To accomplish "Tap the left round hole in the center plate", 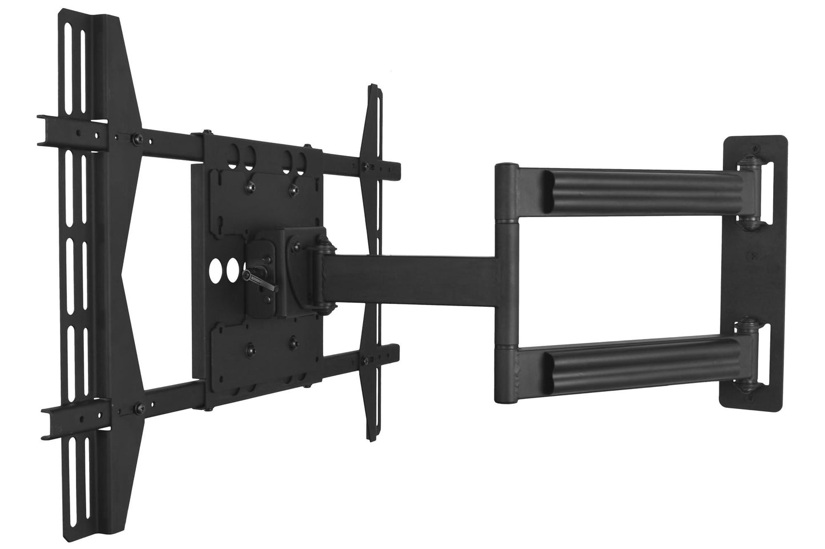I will tap(217, 271).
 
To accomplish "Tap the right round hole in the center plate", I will tap(232, 271).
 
